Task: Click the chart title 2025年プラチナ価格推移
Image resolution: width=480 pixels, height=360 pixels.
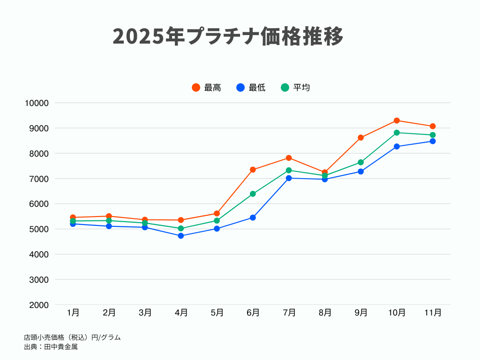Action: click(228, 37)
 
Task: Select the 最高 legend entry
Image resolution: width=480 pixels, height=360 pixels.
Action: click(207, 88)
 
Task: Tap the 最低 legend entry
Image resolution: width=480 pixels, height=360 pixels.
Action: click(251, 88)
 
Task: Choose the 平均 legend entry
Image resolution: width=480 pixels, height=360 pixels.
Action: click(296, 88)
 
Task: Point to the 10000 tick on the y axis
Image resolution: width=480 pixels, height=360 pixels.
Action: click(37, 103)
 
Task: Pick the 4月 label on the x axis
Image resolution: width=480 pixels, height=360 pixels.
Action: click(181, 313)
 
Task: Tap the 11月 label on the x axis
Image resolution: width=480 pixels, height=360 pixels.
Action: click(433, 313)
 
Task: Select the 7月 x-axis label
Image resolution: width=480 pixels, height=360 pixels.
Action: click(289, 313)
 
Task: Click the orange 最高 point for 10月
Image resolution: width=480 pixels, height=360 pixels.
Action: click(397, 120)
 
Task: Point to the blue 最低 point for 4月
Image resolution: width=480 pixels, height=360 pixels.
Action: click(181, 236)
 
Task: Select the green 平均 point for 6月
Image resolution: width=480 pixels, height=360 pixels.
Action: click(253, 194)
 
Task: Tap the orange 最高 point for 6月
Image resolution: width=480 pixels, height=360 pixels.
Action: click(253, 170)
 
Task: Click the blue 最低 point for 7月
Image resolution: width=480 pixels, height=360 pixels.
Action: click(289, 178)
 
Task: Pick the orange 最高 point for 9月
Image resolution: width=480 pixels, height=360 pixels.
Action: click(360, 138)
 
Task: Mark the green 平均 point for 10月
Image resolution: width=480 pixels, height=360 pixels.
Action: click(397, 133)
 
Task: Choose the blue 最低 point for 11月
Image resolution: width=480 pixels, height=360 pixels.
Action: click(433, 141)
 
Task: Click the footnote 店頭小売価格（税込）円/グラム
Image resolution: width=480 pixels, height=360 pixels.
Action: click(72, 337)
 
